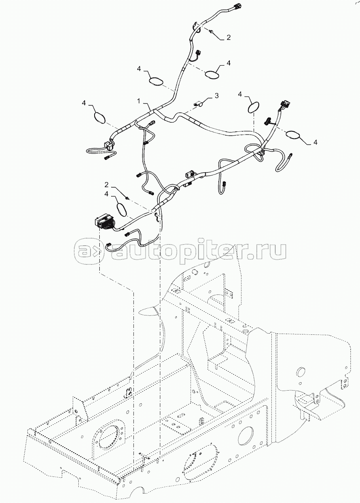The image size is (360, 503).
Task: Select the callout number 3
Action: click(x=216, y=96)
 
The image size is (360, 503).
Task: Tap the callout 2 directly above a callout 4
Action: click(x=106, y=185)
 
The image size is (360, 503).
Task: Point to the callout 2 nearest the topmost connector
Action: click(x=228, y=38)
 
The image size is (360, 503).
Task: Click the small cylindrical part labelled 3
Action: click(x=198, y=104)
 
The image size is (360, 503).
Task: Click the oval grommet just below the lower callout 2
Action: click(x=123, y=209)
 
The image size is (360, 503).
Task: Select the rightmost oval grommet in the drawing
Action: click(x=294, y=135)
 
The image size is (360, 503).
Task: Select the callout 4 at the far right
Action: click(x=315, y=142)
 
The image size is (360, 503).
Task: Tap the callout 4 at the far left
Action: click(x=83, y=103)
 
